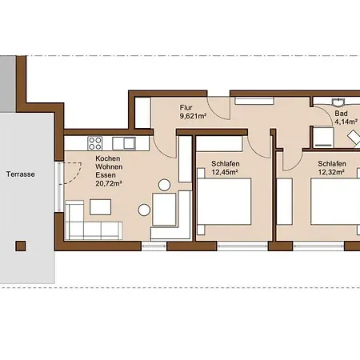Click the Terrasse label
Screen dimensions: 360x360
21,174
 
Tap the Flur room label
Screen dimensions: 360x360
186,107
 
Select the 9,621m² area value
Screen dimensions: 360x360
194,116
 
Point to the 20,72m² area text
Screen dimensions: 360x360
109,183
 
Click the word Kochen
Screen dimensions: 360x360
108,158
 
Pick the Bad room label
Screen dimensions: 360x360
341,114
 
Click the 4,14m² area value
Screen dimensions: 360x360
346,122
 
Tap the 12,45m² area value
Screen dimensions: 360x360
225,172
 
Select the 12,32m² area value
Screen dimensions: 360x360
331,172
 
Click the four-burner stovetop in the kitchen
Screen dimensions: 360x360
95,143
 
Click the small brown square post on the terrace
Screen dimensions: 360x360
21,246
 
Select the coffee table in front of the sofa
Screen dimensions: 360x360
100,207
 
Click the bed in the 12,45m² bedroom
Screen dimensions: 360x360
224,202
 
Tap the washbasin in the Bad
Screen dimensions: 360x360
338,102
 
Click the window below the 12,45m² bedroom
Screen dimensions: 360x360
242,246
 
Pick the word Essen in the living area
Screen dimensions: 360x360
106,175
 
